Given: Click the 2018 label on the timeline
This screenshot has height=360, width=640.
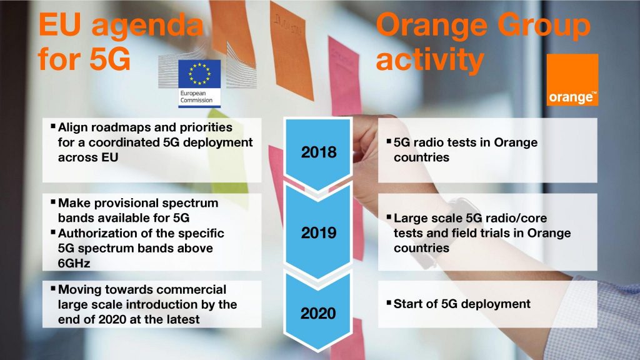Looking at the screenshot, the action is tap(319, 152).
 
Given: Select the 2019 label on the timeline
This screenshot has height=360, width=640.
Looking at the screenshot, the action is tap(319, 233).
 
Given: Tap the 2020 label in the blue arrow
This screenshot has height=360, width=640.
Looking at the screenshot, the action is tap(318, 314).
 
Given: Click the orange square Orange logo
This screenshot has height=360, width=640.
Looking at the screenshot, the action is tap(572, 80).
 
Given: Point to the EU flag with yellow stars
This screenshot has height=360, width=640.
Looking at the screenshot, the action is tap(199, 74).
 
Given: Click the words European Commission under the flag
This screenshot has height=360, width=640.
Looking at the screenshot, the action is tap(196, 97).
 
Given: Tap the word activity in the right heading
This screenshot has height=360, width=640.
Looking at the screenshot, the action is tap(430, 60).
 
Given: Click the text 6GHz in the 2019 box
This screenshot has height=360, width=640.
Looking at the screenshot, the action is tap(74, 263).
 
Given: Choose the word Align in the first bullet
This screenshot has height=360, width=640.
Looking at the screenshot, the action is tap(72, 127).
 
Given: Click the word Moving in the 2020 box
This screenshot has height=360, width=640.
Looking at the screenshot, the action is tap(80, 289).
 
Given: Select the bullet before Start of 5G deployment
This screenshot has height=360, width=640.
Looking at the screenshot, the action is tap(389, 302).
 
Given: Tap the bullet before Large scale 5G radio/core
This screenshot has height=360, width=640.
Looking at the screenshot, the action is tap(389, 217).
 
